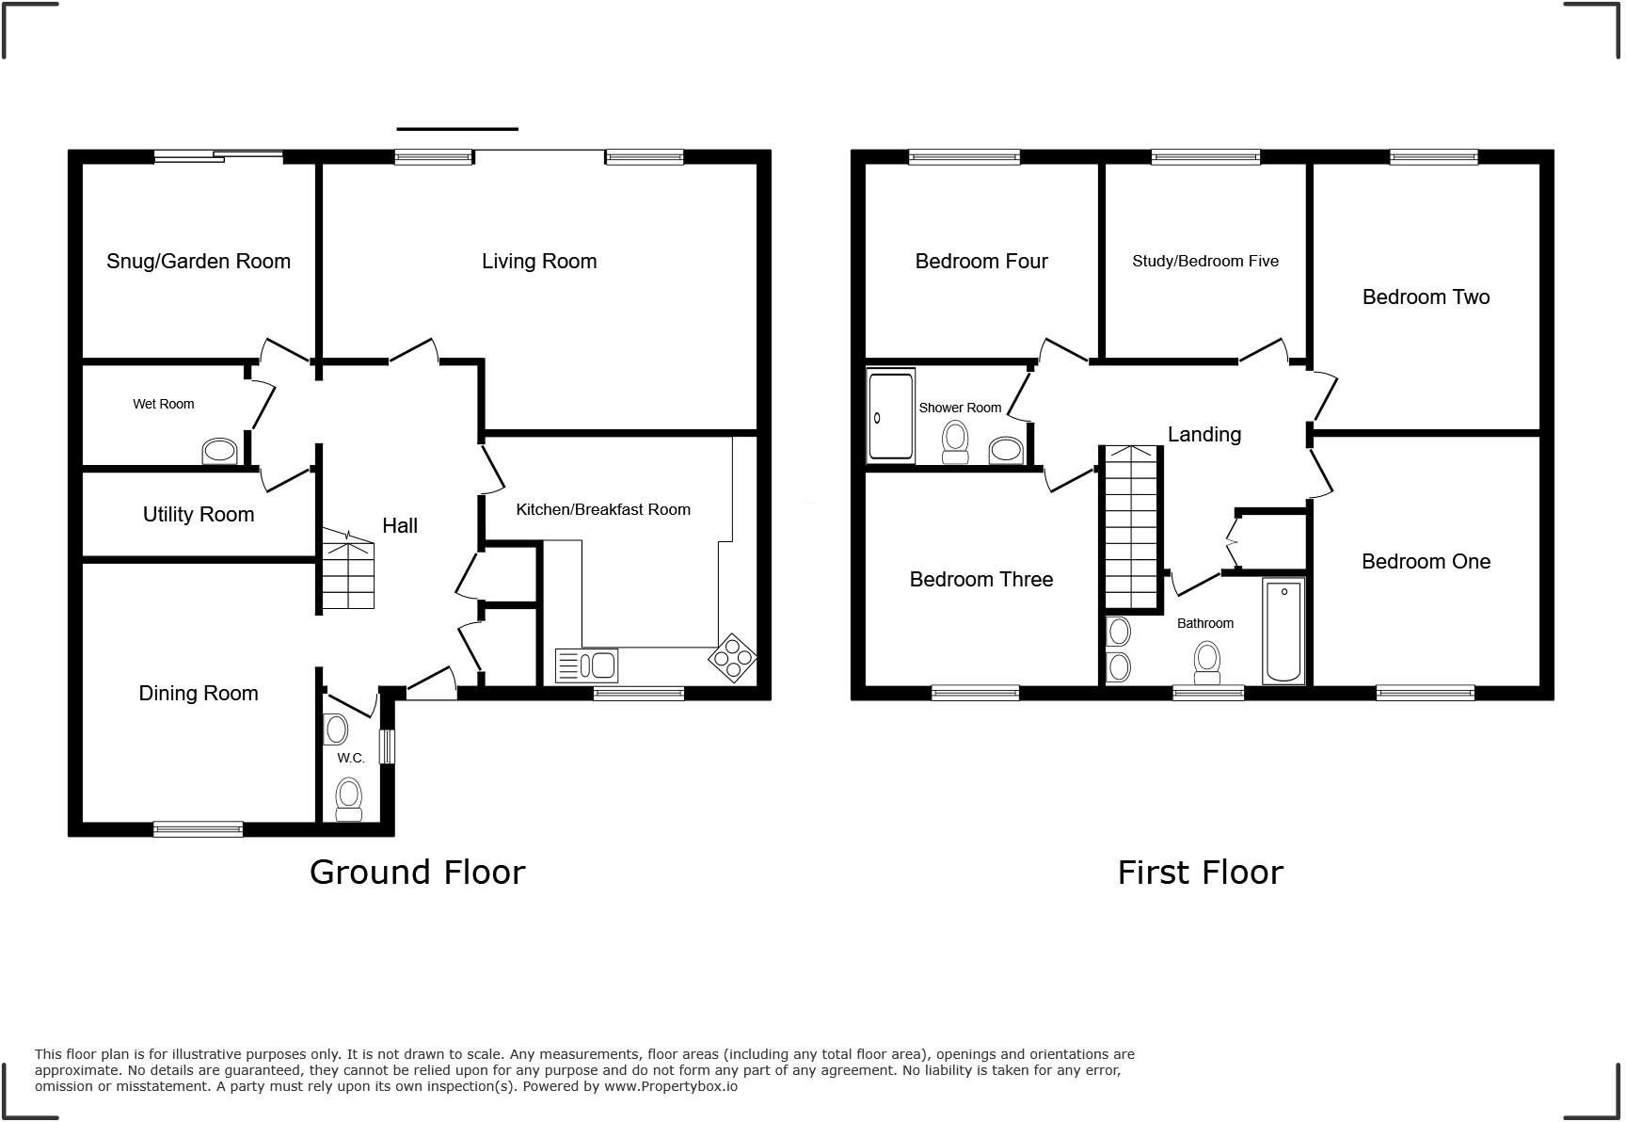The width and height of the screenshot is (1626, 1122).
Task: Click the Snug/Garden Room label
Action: pyautogui.click(x=199, y=262)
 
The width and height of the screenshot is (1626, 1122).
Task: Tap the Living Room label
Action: pyautogui.click(x=539, y=262)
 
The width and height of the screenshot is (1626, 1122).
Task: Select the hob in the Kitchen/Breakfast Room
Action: pyautogui.click(x=733, y=657)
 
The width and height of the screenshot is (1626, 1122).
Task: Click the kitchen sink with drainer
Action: pyautogui.click(x=587, y=665)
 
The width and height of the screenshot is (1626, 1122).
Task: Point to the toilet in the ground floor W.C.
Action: pyautogui.click(x=349, y=799)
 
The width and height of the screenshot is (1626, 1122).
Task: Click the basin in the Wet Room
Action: pyautogui.click(x=220, y=452)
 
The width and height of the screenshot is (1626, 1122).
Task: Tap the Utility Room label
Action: pyautogui.click(x=199, y=515)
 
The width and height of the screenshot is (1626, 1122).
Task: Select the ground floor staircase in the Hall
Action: pyautogui.click(x=349, y=569)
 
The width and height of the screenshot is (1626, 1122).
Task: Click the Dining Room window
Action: pyautogui.click(x=199, y=829)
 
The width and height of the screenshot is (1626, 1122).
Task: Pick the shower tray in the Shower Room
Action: pyautogui.click(x=890, y=416)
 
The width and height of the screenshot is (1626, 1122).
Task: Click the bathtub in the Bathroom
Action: pyautogui.click(x=1283, y=631)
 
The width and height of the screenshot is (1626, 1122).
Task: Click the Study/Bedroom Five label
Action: pyautogui.click(x=1205, y=262)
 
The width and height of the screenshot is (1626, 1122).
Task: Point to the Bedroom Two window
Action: pyautogui.click(x=1433, y=157)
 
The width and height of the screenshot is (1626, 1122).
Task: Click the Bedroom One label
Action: pyautogui.click(x=1426, y=562)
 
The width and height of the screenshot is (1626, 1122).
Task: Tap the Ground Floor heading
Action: pyautogui.click(x=417, y=873)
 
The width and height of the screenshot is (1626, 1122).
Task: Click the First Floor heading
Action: pyautogui.click(x=1200, y=873)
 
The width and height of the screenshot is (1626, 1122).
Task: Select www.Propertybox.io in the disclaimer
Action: pyautogui.click(x=671, y=1086)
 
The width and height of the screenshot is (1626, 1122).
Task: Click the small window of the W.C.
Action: pyautogui.click(x=387, y=747)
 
